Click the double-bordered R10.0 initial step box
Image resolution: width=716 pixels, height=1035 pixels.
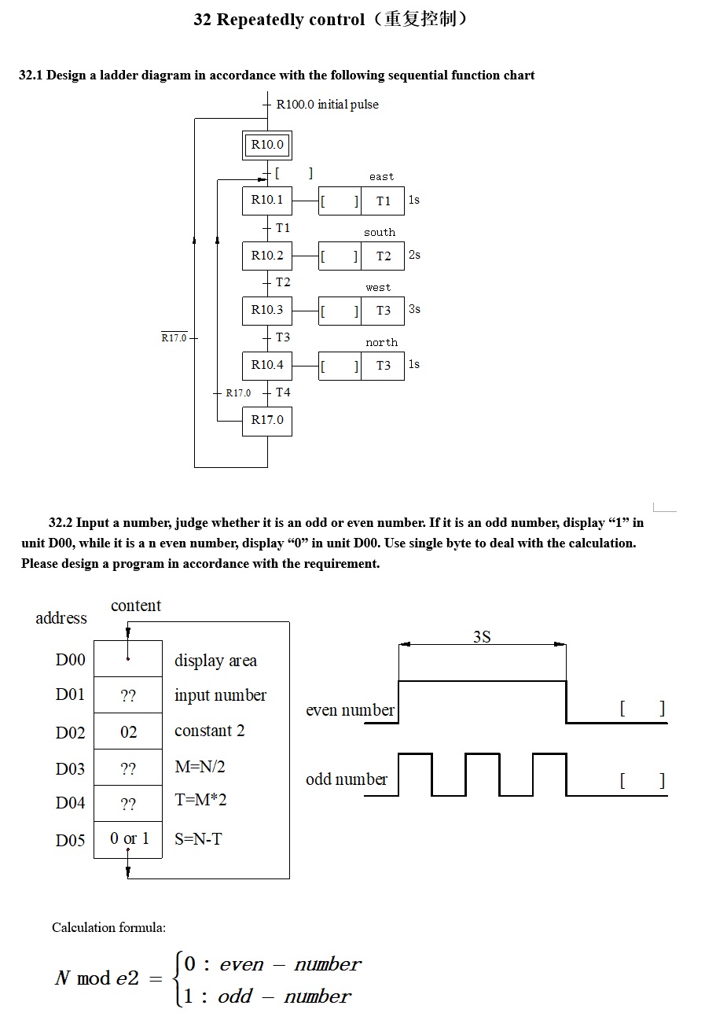267,145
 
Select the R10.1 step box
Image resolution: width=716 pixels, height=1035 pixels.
267,200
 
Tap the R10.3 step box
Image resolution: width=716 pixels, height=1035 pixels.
267,310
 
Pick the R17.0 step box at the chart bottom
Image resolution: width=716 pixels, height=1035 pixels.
267,420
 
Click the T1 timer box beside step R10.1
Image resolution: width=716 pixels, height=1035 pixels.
383,201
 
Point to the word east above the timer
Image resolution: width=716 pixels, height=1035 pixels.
381,177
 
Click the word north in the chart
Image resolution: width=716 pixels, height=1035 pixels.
381,343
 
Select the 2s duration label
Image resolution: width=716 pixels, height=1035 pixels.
414,255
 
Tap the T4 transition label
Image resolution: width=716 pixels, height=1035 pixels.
283,392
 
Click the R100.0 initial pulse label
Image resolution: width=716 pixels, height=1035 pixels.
327,105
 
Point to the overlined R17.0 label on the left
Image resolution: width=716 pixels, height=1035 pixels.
174,338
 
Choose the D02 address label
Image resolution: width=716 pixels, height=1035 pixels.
70,733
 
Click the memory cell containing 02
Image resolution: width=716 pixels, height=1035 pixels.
128,733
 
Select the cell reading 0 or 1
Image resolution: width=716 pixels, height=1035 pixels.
129,839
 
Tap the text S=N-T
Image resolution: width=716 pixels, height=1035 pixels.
198,840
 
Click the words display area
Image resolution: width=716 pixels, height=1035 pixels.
215,661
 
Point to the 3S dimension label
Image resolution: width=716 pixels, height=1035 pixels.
482,637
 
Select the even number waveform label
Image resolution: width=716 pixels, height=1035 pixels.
350,711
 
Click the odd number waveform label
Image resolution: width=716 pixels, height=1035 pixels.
347,780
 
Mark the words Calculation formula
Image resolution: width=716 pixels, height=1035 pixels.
108,928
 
